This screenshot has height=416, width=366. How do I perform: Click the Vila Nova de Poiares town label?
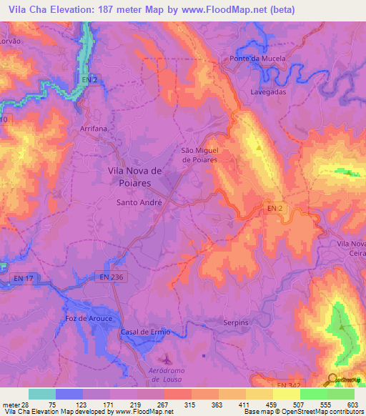[x=139, y=177]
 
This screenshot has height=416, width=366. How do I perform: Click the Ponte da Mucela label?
[x=257, y=59]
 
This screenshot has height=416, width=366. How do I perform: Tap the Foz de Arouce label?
[x=85, y=317]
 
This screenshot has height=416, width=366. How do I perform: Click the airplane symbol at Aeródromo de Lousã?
[x=166, y=358]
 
